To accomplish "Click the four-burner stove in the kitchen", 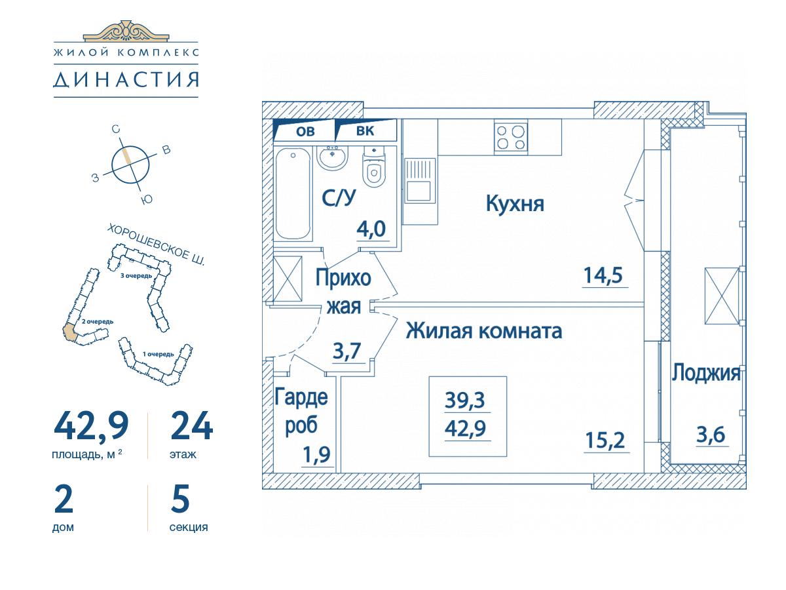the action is click(x=511, y=137).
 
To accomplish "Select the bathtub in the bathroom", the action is click(x=293, y=193).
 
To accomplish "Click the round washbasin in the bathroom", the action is click(x=333, y=158).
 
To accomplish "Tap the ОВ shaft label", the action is click(x=305, y=132).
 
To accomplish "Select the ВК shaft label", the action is click(x=365, y=131).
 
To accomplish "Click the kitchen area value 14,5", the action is click(x=603, y=275).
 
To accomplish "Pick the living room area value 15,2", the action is click(x=605, y=441).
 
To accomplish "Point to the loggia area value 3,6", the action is click(x=711, y=435).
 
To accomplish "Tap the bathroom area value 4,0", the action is click(x=371, y=229).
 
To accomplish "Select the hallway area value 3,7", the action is click(x=346, y=351).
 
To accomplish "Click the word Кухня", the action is click(x=515, y=204).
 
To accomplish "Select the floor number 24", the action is click(x=191, y=426).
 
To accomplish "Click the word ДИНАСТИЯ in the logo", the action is click(x=126, y=80).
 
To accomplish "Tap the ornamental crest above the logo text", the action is click(x=126, y=31).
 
